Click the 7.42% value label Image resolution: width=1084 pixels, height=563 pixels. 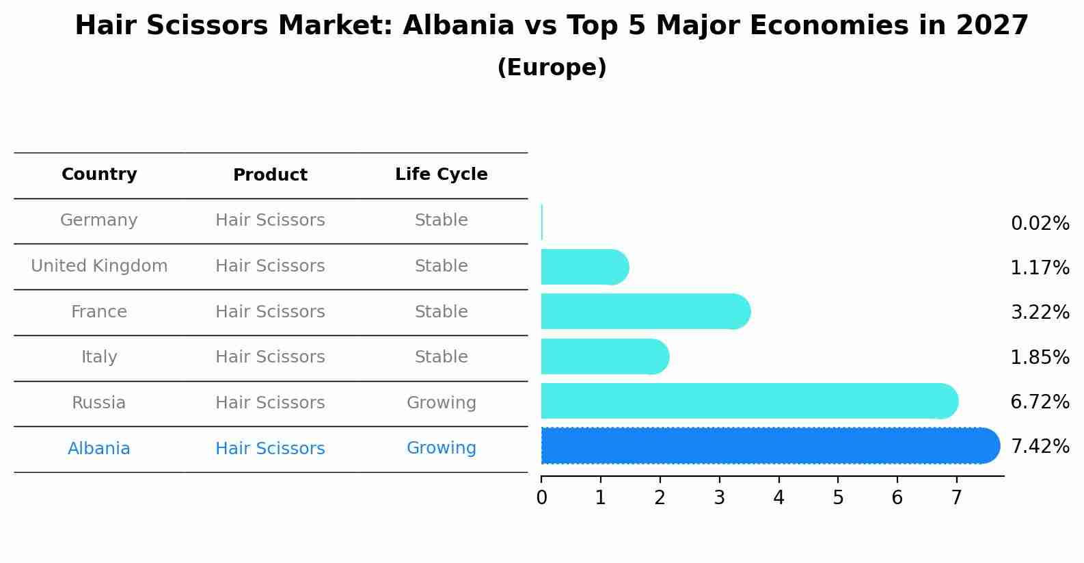[1040, 447]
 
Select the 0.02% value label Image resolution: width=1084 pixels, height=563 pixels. [1040, 224]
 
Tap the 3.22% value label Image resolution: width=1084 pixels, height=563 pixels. [1040, 313]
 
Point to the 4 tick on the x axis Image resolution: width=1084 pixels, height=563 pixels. [778, 498]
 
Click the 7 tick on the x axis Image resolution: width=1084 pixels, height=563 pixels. [956, 498]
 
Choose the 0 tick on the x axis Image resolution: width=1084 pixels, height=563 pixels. [541, 498]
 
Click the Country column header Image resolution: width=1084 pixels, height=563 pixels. [99, 174]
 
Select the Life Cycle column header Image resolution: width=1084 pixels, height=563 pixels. [441, 174]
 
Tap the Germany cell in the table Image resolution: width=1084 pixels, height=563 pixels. [99, 220]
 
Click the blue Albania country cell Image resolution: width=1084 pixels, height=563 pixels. [99, 449]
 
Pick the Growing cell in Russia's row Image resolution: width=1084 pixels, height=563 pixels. [441, 403]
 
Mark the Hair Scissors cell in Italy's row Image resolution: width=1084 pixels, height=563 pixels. [270, 357]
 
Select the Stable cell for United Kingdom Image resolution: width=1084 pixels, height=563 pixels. [441, 266]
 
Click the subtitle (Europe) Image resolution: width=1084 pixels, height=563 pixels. [552, 68]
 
